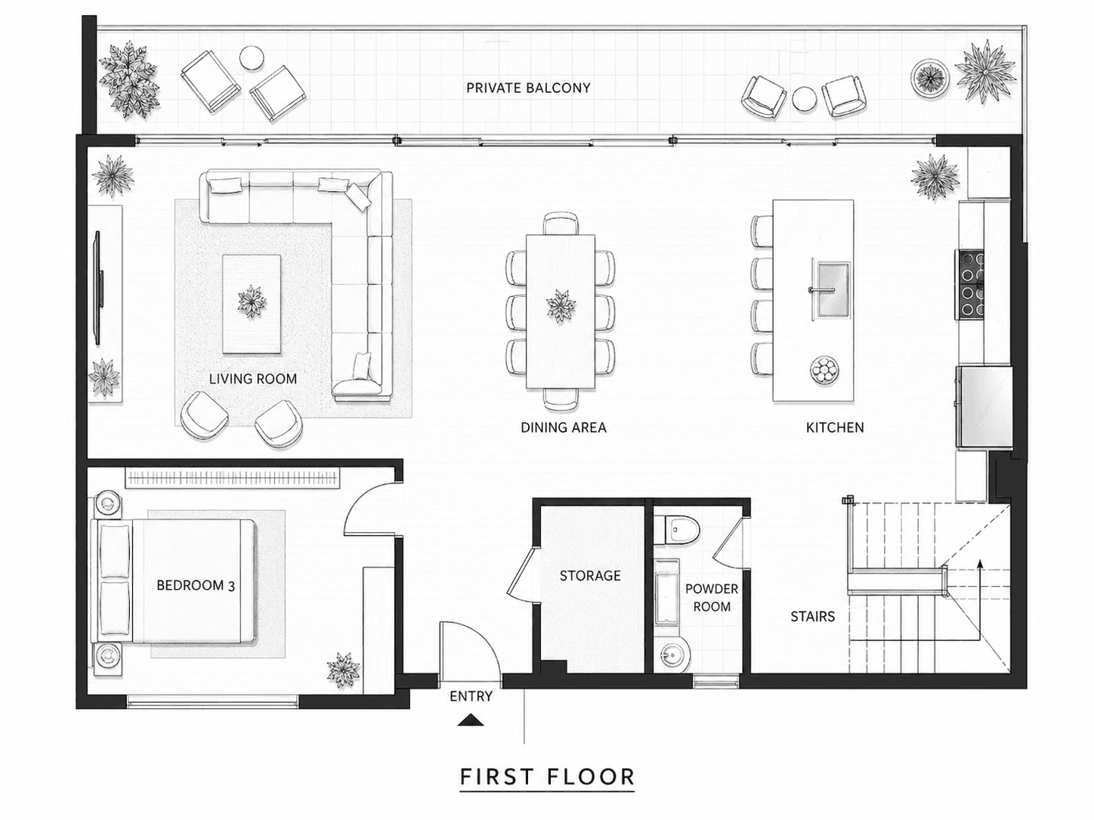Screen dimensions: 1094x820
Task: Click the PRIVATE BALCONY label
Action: (x=528, y=88)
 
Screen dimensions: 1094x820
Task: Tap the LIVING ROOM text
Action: (x=252, y=379)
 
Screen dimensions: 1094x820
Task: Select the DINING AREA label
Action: (x=563, y=427)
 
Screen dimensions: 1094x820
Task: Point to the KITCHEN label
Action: (x=835, y=427)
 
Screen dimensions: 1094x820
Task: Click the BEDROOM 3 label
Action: (x=196, y=585)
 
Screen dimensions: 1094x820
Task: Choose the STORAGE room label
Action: (x=590, y=575)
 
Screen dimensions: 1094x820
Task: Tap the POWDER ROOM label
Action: (x=712, y=598)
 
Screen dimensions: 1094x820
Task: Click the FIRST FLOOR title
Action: (x=547, y=777)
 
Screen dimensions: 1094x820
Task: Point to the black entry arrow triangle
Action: (x=471, y=720)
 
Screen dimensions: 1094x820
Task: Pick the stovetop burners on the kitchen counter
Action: (x=969, y=285)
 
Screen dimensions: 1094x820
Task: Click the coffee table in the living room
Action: (x=251, y=304)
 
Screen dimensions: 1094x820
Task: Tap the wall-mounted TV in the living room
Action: (x=99, y=288)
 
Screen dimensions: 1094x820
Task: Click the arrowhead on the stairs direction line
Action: (x=980, y=563)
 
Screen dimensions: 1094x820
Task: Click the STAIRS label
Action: (x=812, y=616)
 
